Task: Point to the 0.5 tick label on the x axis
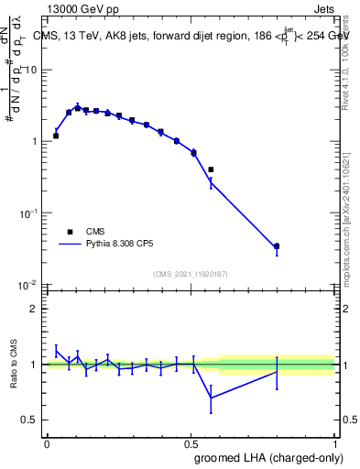pos(191,442)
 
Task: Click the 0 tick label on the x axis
pos(47,442)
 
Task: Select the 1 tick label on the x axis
pos(334,442)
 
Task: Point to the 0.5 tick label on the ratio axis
pos(31,420)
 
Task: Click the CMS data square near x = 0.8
pos(277,246)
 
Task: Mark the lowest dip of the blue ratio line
pos(211,398)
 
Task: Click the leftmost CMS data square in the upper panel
pos(56,136)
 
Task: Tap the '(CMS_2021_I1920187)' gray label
pos(191,273)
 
